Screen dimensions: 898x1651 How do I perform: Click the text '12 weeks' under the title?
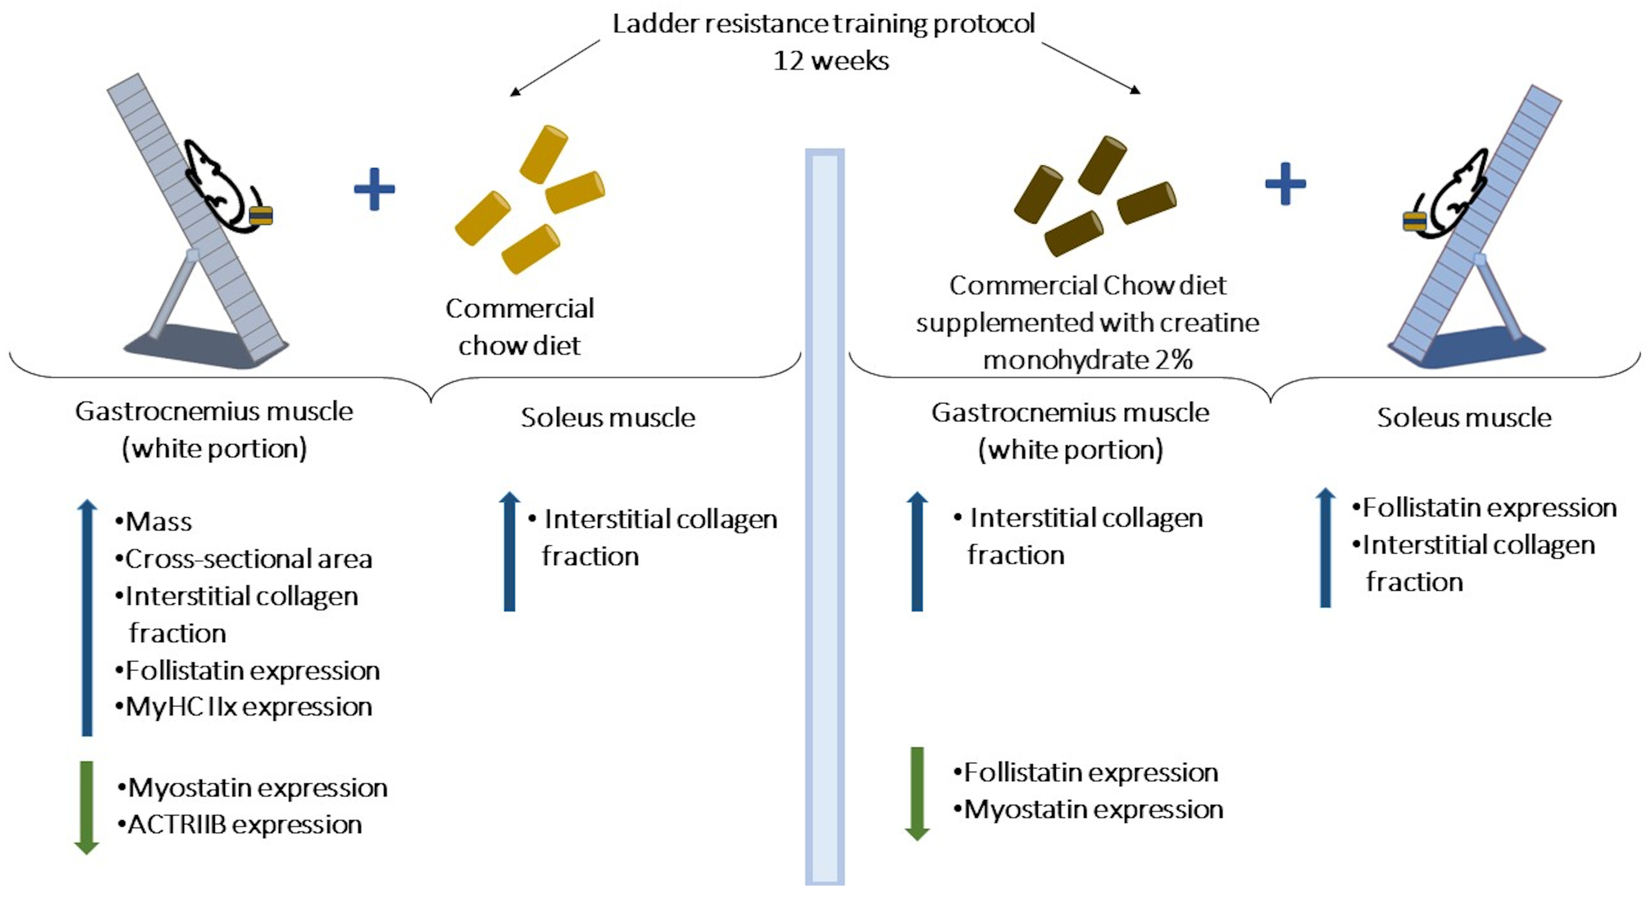831,61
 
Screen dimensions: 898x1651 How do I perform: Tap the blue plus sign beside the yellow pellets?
374,189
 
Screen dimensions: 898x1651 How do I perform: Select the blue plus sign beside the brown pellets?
1285,184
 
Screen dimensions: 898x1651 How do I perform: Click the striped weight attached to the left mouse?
261,216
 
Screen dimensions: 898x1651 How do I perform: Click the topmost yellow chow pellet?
543,154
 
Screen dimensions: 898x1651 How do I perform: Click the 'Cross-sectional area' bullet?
248,559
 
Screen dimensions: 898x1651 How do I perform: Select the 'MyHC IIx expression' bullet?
248,707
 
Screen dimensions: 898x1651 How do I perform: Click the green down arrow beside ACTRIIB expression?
87,808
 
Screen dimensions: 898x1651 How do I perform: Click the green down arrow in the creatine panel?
917,793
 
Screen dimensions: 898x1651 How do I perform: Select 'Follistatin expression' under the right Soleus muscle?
1488,507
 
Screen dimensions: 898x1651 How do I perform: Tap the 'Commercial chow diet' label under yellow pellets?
519,327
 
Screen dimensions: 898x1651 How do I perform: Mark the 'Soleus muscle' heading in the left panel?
608,418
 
